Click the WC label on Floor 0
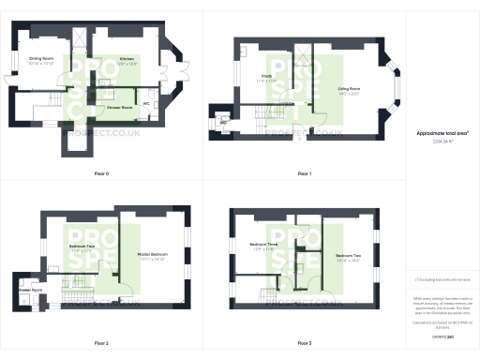point(147,103)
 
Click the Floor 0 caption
point(101,174)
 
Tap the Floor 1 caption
point(304,174)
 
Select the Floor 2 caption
point(101,343)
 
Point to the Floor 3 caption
point(304,343)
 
